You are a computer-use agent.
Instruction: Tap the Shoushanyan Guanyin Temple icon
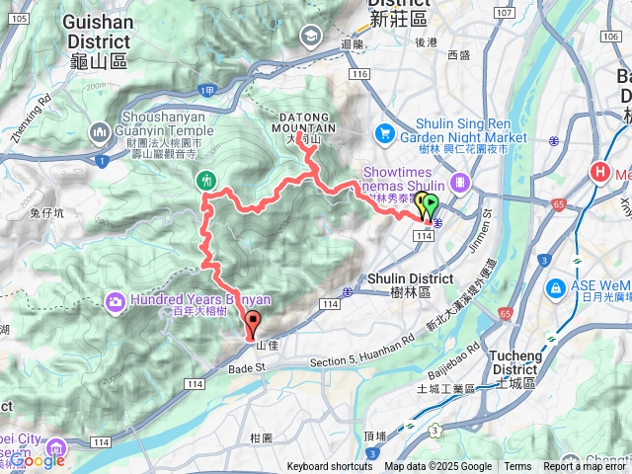click(x=100, y=132)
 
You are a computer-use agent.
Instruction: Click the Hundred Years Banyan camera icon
click(x=117, y=300)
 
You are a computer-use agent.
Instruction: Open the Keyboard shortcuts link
click(x=329, y=467)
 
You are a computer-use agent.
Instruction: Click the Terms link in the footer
click(x=516, y=467)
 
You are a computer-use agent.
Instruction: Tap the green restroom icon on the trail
click(x=206, y=181)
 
